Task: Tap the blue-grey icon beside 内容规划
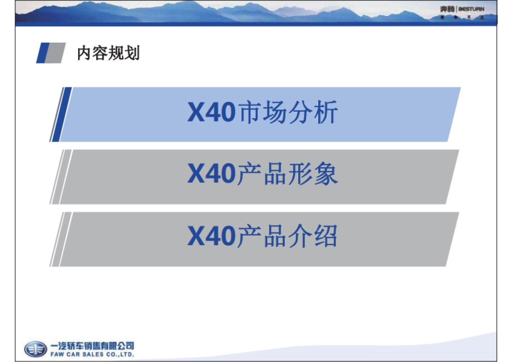coord(50,53)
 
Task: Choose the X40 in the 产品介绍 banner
coord(211,237)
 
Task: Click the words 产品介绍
coord(287,237)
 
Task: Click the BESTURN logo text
coord(471,9)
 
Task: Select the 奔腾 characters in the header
coord(448,9)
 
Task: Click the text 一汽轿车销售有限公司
coord(92,346)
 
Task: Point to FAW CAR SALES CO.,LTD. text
coord(92,354)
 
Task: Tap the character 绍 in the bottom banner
coord(325,237)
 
